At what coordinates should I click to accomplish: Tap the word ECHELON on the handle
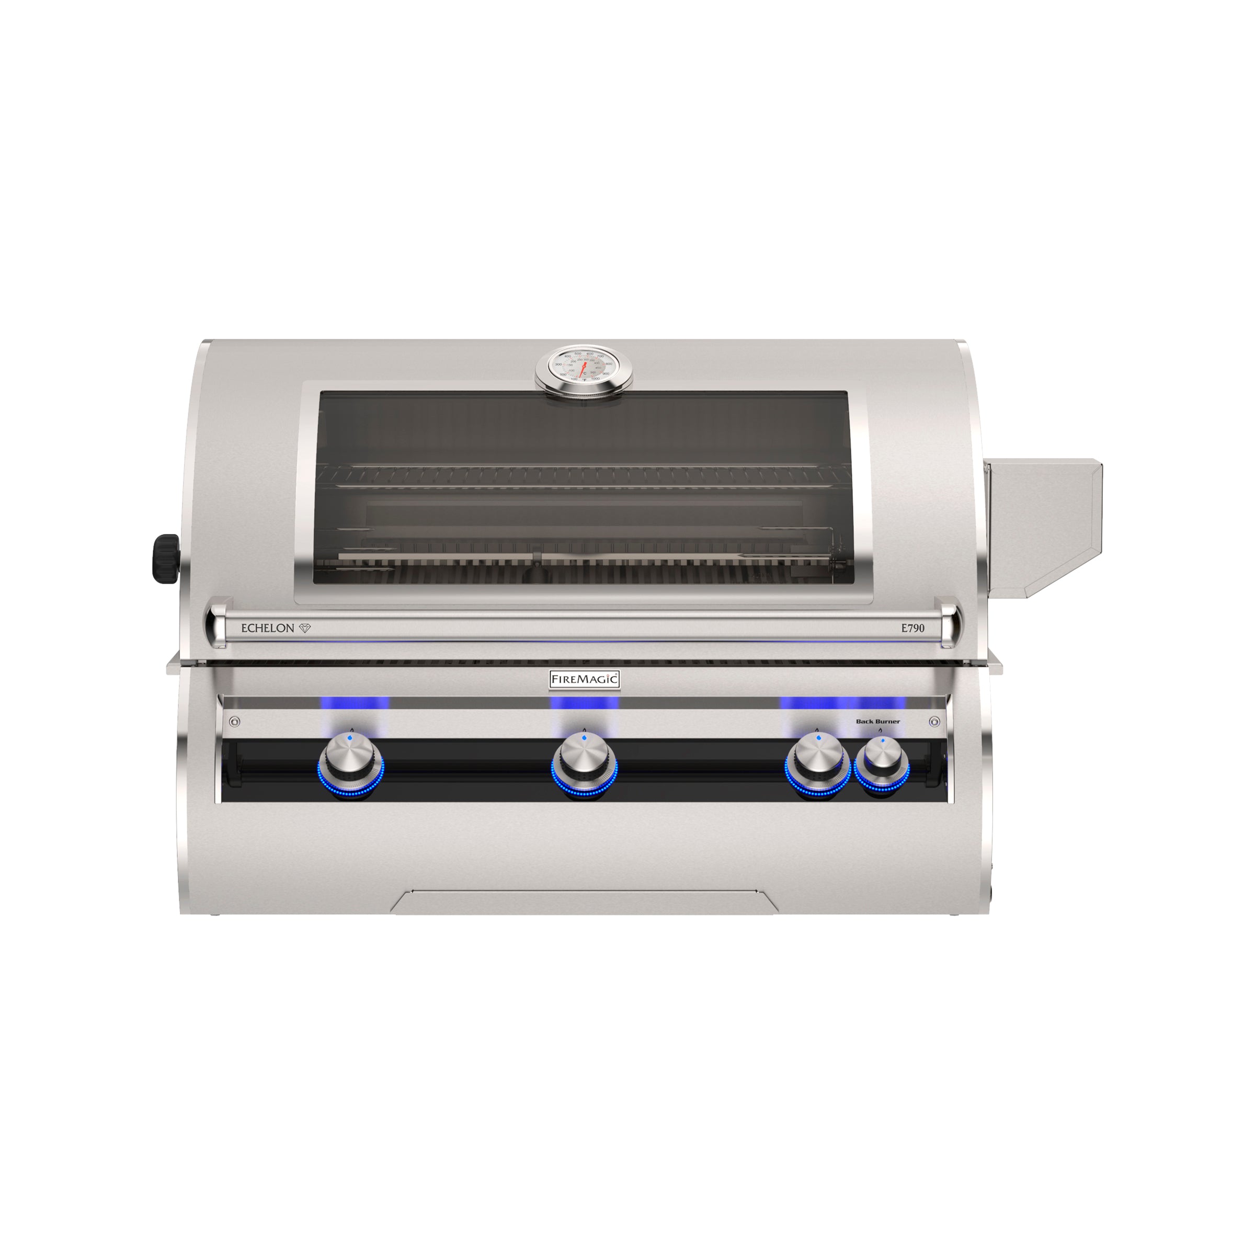click(x=268, y=628)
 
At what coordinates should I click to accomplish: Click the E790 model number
click(x=912, y=628)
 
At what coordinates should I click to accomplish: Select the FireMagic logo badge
click(x=585, y=679)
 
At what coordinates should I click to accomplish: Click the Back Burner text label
click(x=877, y=721)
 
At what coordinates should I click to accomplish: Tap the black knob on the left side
click(x=166, y=558)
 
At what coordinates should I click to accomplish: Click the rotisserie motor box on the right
click(x=1040, y=526)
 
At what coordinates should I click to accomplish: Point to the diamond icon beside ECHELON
click(x=305, y=628)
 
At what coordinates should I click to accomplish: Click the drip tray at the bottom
click(x=584, y=903)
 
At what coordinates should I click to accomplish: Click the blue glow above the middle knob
click(x=584, y=703)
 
